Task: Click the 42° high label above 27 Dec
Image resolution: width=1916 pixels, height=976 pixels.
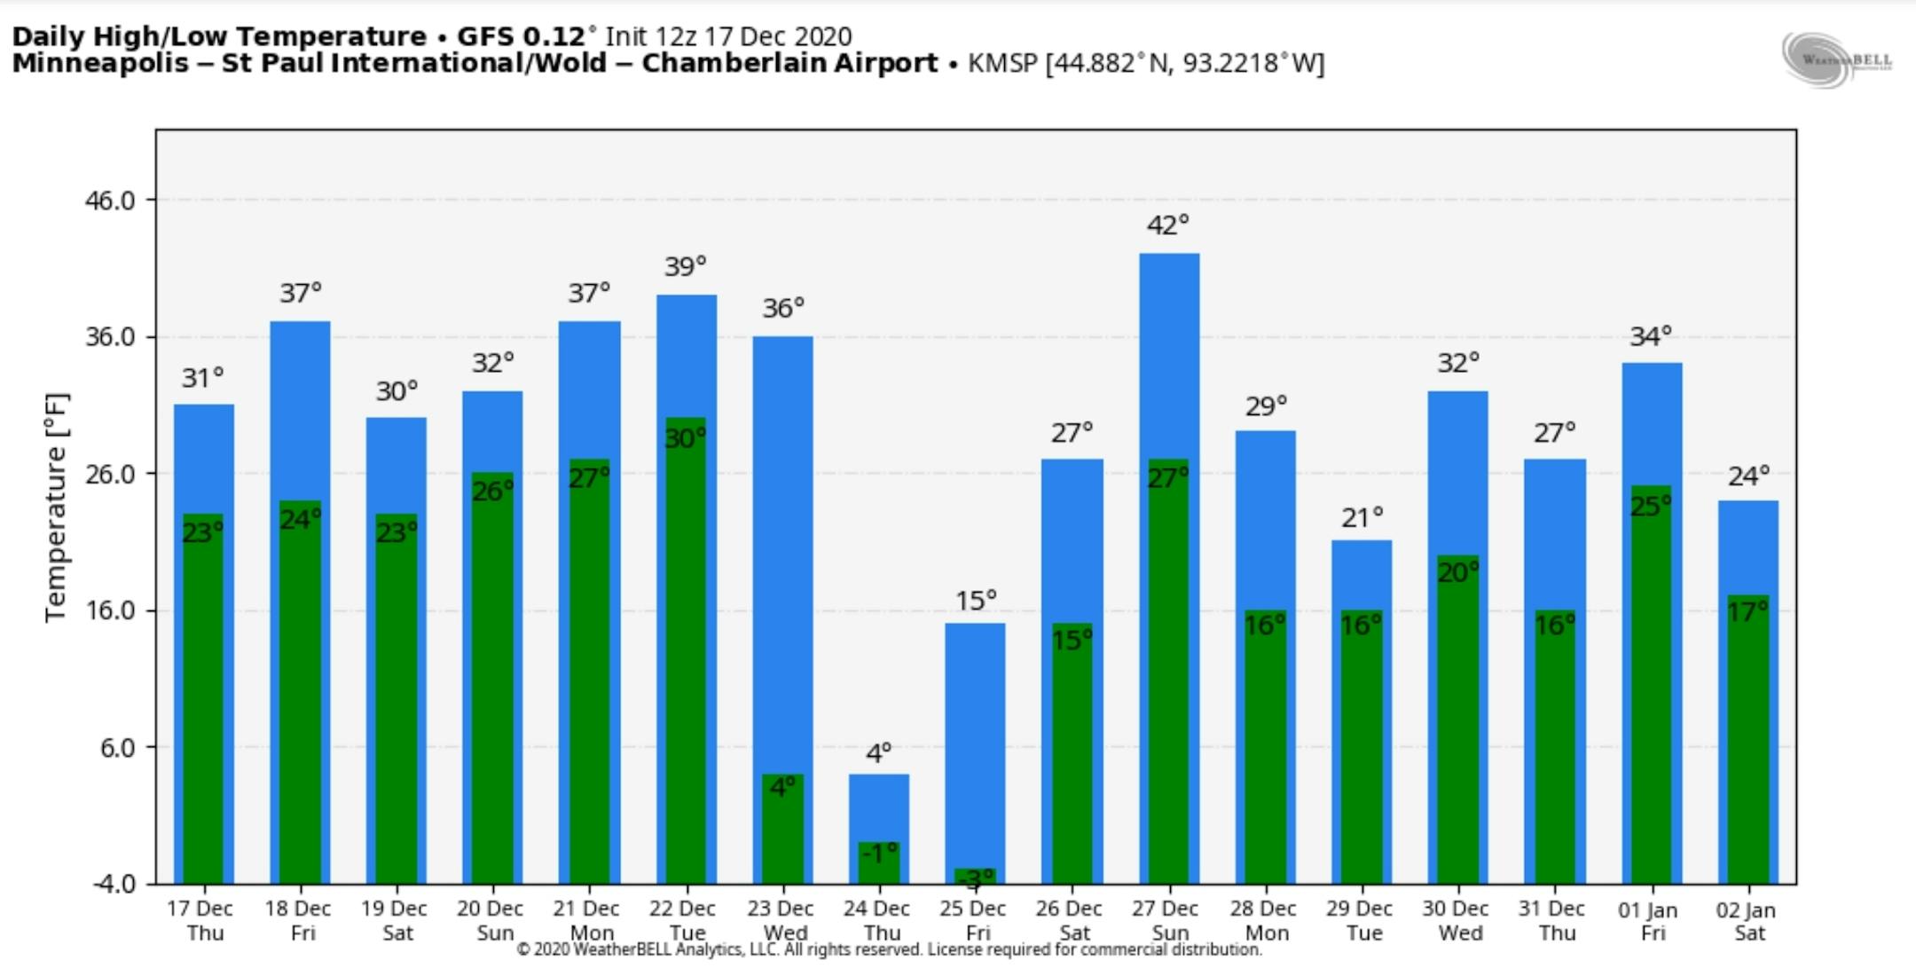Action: (x=1167, y=225)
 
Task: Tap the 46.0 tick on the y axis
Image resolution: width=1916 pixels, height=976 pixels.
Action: (x=110, y=201)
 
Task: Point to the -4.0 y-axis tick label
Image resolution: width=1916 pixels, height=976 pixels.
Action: (x=114, y=884)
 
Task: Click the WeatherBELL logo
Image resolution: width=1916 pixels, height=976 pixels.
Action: (x=1836, y=59)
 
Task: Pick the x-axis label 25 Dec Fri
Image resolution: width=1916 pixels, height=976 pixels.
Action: (x=974, y=920)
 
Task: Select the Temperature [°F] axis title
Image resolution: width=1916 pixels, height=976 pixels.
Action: (x=56, y=508)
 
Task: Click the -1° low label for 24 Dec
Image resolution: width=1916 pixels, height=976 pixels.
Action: (x=879, y=854)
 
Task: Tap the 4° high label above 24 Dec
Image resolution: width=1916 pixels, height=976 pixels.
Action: (x=878, y=753)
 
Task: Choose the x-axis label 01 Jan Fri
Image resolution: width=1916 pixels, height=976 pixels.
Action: (x=1648, y=921)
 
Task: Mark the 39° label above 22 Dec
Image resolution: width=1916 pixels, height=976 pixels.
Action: (x=686, y=266)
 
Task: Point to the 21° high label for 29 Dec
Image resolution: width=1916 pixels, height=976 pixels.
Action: (x=1362, y=517)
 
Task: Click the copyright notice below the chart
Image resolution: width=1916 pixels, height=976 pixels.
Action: (x=889, y=949)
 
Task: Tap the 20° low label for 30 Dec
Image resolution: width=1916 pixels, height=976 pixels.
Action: (x=1458, y=572)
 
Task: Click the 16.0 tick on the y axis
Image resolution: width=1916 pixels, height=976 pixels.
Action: (x=110, y=610)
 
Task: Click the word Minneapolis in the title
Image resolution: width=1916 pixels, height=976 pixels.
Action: (x=99, y=64)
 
